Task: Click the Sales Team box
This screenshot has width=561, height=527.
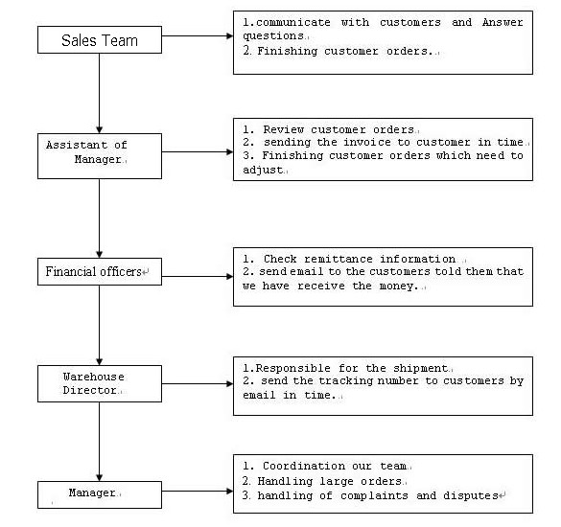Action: (x=100, y=40)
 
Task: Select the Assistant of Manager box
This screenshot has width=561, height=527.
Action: (x=100, y=156)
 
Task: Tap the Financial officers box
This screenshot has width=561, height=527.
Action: (x=100, y=272)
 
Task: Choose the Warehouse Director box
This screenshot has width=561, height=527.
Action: (x=100, y=383)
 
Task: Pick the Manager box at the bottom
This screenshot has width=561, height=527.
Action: (x=100, y=494)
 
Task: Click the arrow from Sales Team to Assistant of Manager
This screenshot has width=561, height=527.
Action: (x=100, y=94)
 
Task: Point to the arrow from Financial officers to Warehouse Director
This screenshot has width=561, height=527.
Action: (x=100, y=326)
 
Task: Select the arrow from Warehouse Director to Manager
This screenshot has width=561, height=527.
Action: (x=100, y=442)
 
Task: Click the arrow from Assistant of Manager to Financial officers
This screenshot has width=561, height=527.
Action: (x=100, y=218)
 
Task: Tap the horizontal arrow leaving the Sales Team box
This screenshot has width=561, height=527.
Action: (x=198, y=35)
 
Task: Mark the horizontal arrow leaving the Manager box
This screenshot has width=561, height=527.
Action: (x=198, y=491)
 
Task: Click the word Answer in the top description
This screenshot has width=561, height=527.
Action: (x=503, y=22)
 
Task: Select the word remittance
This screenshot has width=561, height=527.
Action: (x=339, y=259)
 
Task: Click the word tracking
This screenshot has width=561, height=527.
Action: (x=345, y=381)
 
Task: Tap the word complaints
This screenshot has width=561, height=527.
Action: (x=374, y=495)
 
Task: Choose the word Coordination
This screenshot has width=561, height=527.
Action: (x=304, y=466)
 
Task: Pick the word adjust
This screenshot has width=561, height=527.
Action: (x=264, y=170)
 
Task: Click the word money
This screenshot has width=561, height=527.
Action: (x=398, y=286)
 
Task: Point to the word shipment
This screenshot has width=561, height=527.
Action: (x=420, y=369)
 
